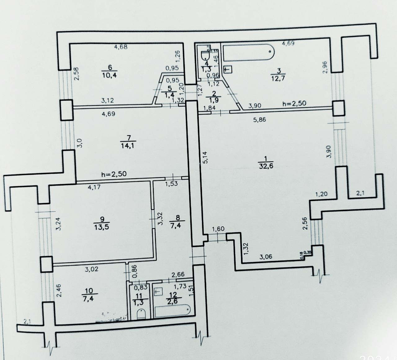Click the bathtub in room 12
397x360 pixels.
(x=172, y=310)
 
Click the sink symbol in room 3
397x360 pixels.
(x=228, y=69)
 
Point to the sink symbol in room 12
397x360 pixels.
(x=158, y=291)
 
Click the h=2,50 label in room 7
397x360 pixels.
(x=114, y=174)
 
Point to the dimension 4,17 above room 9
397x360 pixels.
(x=94, y=187)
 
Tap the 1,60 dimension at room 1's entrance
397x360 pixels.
(x=218, y=229)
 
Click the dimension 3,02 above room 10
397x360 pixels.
(x=91, y=269)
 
